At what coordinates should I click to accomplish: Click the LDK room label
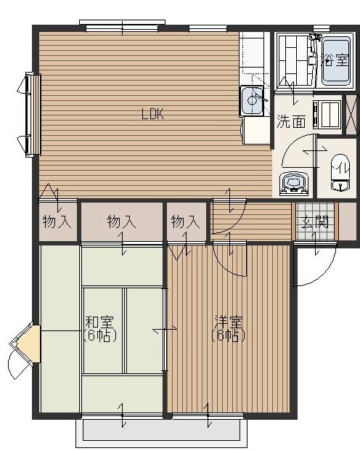pyautogui.click(x=152, y=114)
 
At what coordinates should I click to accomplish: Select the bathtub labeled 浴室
pyautogui.click(x=334, y=61)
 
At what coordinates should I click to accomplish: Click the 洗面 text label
pyautogui.click(x=290, y=121)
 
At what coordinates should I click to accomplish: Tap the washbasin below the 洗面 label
pyautogui.click(x=293, y=182)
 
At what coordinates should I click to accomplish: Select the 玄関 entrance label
pyautogui.click(x=316, y=222)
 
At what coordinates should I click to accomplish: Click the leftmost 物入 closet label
pyautogui.click(x=56, y=222)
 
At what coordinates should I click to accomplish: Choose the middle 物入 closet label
pyautogui.click(x=121, y=222)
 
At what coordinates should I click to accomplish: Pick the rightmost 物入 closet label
pyautogui.click(x=185, y=222)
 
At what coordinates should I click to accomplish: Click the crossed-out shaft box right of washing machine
pyautogui.click(x=351, y=114)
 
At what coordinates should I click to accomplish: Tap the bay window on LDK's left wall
pyautogui.click(x=30, y=114)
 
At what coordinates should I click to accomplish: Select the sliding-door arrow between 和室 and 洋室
pyautogui.click(x=165, y=330)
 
